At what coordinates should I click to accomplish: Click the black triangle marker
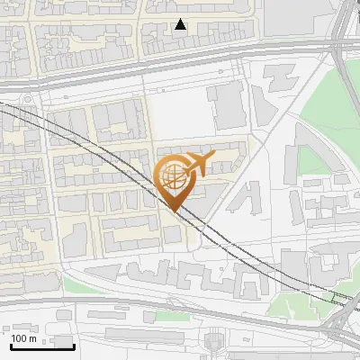(x=181, y=25)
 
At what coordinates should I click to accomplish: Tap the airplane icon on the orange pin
(x=200, y=163)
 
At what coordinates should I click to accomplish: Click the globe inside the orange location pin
(x=171, y=174)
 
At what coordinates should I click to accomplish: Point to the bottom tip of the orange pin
(x=172, y=211)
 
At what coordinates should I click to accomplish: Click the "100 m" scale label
(x=24, y=338)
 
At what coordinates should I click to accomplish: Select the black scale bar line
(x=42, y=346)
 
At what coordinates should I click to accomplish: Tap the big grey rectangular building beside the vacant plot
(x=229, y=105)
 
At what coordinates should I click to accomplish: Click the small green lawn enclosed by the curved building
(x=310, y=159)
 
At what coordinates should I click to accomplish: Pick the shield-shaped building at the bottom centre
(x=216, y=343)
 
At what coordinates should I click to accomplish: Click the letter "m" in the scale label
(x=32, y=338)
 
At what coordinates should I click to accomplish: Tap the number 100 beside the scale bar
(x=20, y=338)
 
